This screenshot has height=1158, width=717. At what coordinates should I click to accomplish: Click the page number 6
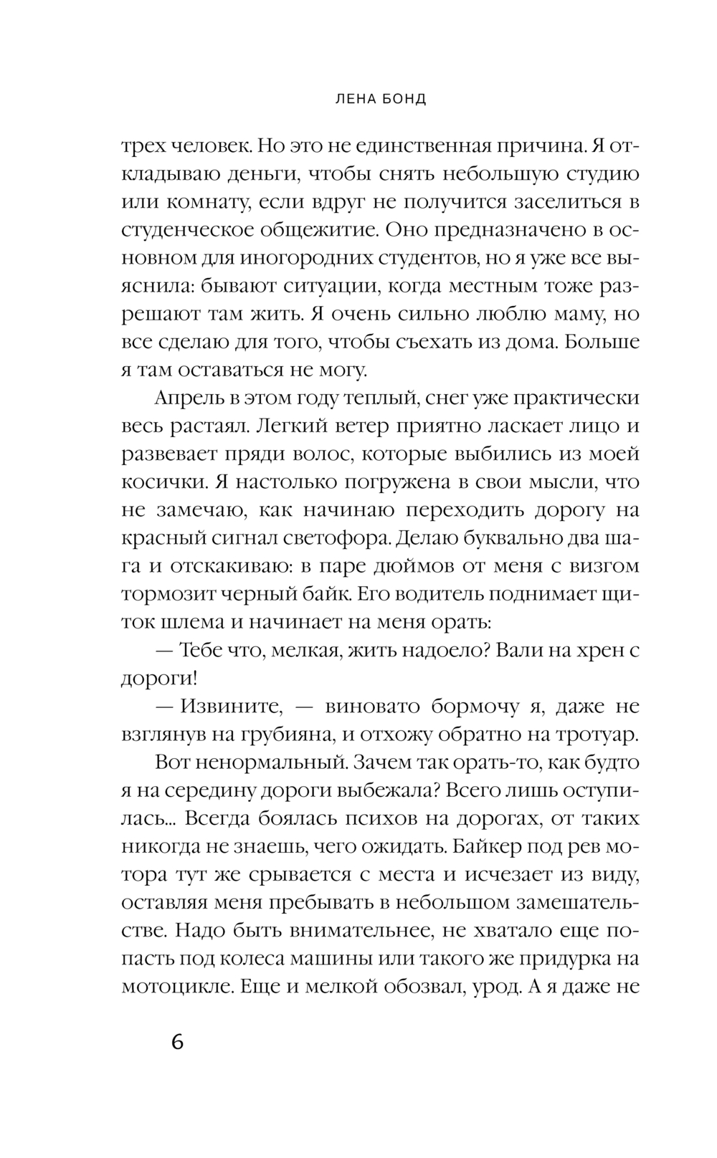(x=177, y=1041)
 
